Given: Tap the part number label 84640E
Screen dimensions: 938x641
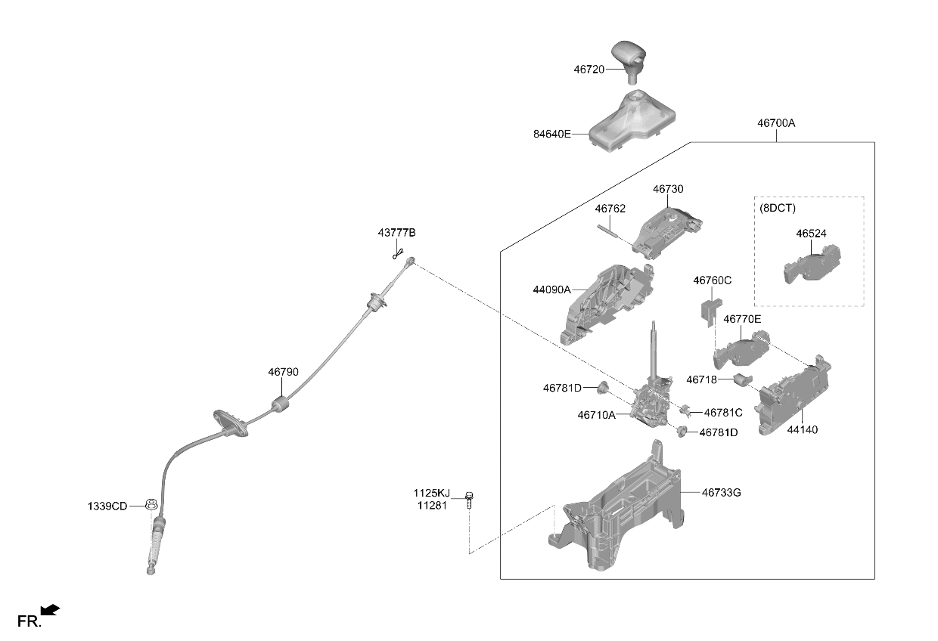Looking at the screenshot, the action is pos(551,134).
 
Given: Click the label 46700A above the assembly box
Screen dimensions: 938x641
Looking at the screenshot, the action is pos(776,123).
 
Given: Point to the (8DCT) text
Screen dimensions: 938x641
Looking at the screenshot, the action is pos(778,208).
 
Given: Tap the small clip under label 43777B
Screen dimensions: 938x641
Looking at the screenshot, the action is pos(398,253).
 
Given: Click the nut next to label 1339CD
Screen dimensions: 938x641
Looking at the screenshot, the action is pos(151,504).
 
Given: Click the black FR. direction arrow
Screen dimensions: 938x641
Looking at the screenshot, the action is pos(50,610).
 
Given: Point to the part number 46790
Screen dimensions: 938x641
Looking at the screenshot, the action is pos(283,372).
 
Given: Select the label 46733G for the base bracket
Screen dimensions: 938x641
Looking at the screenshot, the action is pos(721,493).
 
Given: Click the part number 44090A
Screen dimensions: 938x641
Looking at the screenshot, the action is pos(551,290).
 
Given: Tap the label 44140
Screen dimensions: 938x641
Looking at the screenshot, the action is pos(803,429).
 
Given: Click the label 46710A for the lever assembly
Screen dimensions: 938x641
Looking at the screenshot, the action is pos(596,415).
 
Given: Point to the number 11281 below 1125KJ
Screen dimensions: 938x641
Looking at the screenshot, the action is pos(432,506).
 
